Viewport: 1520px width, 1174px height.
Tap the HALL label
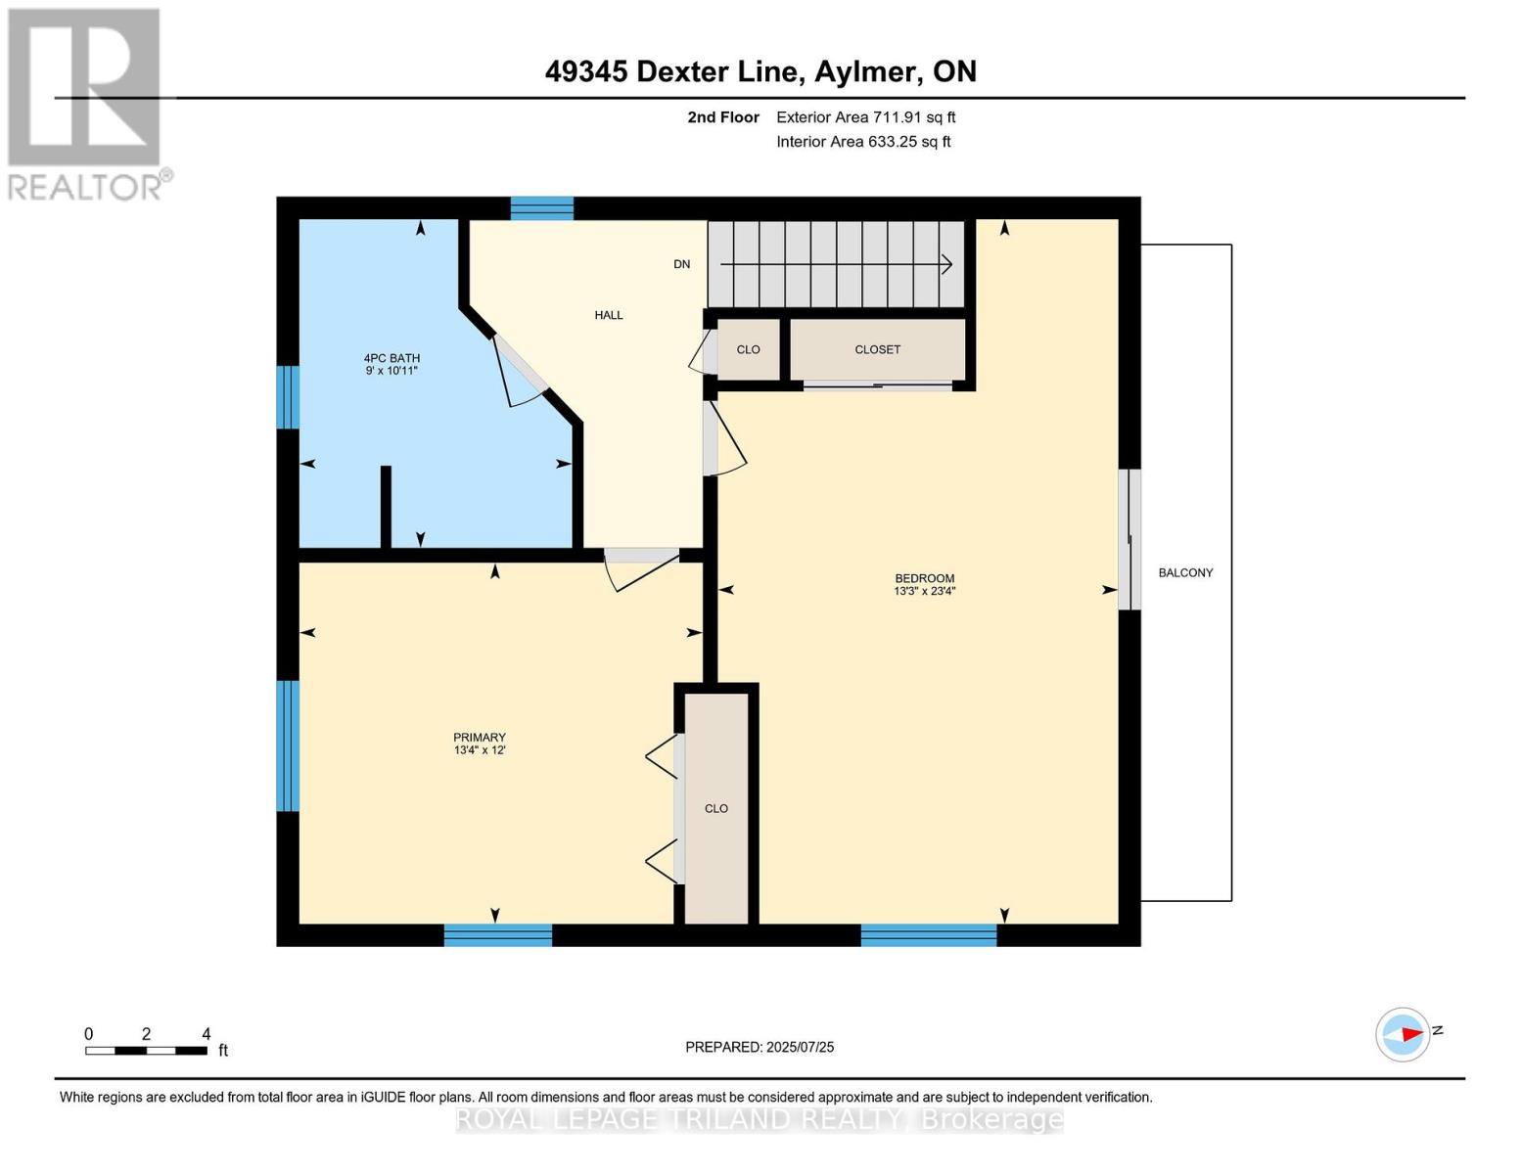[608, 315]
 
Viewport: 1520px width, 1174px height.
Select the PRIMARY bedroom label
[479, 738]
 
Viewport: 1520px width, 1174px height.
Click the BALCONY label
[1185, 573]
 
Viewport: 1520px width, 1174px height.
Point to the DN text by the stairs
[681, 264]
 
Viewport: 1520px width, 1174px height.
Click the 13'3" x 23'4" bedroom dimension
[924, 591]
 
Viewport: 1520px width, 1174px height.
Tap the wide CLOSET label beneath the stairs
[877, 349]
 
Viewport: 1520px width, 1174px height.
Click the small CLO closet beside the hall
[748, 349]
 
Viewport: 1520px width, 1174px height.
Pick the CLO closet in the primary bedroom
[716, 808]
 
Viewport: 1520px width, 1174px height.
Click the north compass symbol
[1404, 1034]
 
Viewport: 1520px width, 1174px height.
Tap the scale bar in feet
[146, 1051]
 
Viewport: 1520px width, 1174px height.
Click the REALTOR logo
[85, 103]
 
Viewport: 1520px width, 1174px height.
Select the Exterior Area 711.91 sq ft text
[865, 117]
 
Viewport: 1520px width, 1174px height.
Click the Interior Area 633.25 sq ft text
[863, 142]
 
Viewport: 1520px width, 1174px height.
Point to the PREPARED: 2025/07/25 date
[760, 1047]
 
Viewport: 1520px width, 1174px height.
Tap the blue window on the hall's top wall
[541, 207]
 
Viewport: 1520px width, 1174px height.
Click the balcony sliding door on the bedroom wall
[1129, 539]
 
